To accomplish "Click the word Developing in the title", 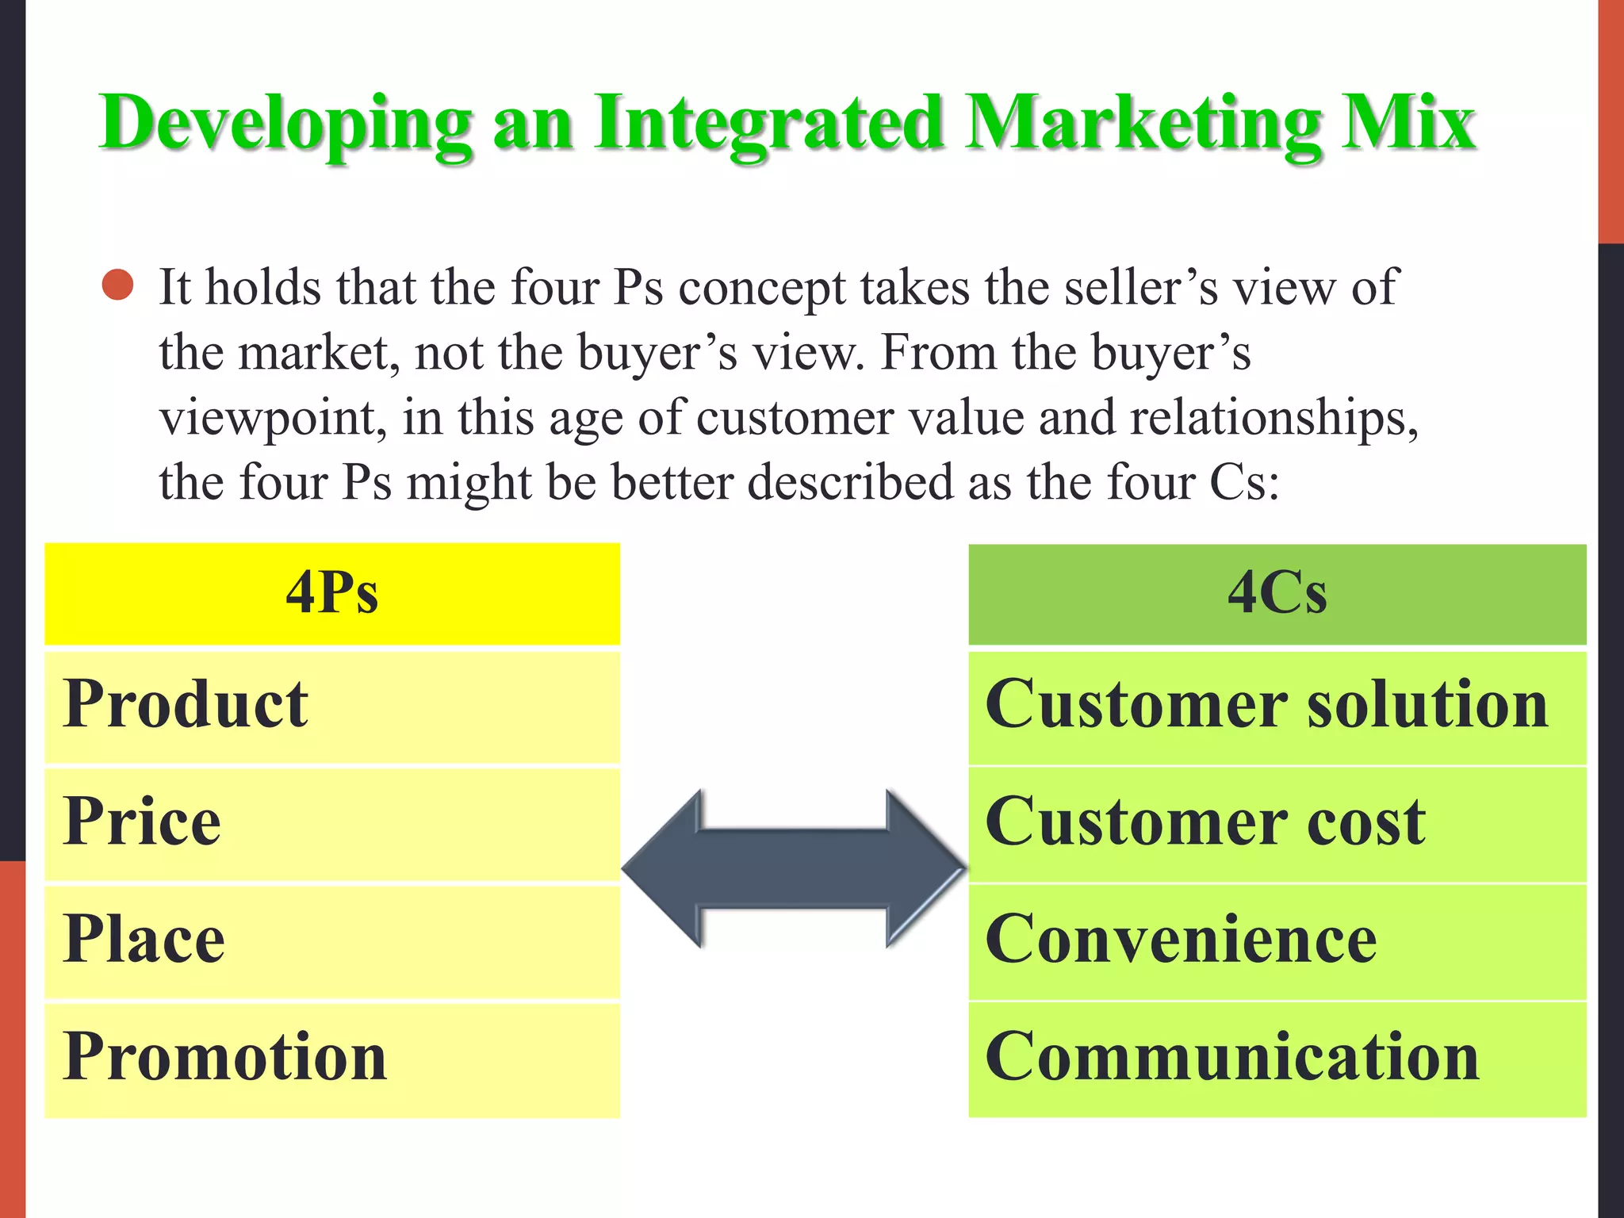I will (285, 124).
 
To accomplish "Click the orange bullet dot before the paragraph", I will (118, 285).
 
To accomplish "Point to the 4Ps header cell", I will (332, 593).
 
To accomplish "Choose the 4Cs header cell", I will (1277, 593).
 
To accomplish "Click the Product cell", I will (332, 706).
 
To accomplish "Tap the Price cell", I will (332, 823).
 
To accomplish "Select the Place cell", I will (332, 940).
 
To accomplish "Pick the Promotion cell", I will (332, 1058).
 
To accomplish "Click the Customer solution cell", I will (1277, 706).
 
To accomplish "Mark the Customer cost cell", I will (1277, 823).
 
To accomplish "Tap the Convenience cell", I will (1277, 940).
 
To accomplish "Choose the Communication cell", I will (1277, 1058).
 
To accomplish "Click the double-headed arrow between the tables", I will (794, 868).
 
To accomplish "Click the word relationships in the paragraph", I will (1273, 419).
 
